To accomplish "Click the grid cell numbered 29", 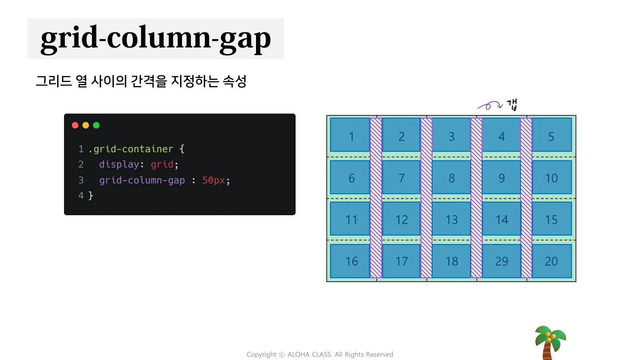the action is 502,261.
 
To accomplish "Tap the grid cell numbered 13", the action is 452,219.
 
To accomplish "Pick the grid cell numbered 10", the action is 552,177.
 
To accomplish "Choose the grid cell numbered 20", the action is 552,261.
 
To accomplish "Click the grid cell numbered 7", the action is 401,177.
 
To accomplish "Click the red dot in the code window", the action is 75,126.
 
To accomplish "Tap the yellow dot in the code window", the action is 86,126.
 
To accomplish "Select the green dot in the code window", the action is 96,126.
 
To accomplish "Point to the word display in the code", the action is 119,164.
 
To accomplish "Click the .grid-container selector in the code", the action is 131,149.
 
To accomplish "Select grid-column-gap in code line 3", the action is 142,180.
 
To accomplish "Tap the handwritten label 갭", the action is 512,104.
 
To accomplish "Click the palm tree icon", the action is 550,343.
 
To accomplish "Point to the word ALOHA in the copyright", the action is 299,354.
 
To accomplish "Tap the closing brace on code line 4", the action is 90,196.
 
